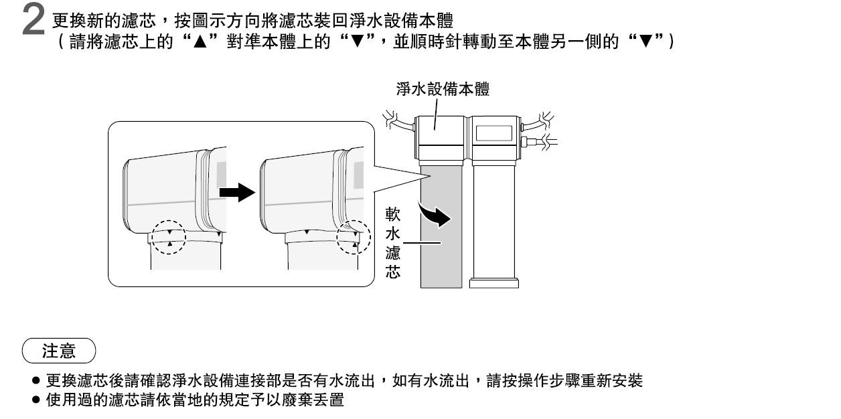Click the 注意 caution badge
[x=59, y=351]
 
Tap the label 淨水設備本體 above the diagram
[x=443, y=90]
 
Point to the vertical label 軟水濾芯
[x=393, y=243]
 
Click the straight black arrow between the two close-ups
[x=237, y=193]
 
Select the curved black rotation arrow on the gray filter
[x=435, y=214]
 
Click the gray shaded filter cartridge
[x=441, y=227]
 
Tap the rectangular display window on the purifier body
[x=493, y=133]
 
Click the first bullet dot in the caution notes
[x=36, y=381]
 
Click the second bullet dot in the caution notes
[x=36, y=400]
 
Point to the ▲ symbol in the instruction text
[x=200, y=41]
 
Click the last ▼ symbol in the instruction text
[x=645, y=41]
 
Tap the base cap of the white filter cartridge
[x=494, y=283]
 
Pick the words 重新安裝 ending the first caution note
[x=611, y=381]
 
